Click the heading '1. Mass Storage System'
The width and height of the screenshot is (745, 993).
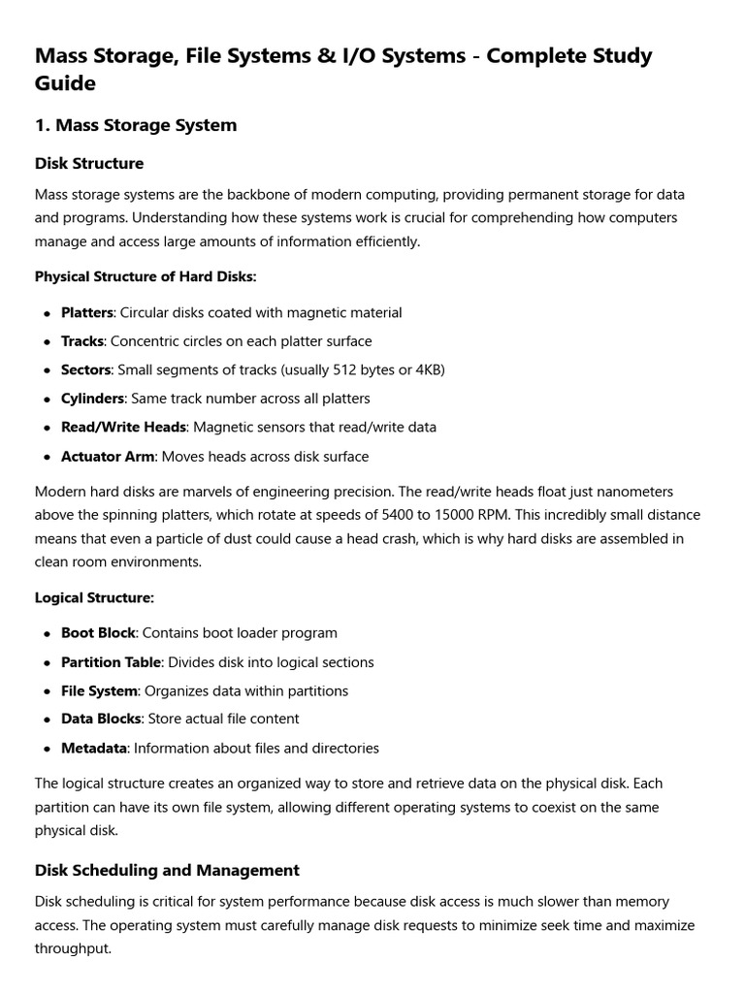point(136,125)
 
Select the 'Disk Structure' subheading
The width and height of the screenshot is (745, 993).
point(89,163)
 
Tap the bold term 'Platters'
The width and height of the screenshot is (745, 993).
point(87,312)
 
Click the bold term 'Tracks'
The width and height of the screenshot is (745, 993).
point(82,341)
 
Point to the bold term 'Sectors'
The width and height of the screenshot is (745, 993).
point(86,369)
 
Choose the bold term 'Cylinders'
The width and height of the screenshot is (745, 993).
point(93,399)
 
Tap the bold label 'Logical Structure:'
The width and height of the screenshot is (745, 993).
point(94,597)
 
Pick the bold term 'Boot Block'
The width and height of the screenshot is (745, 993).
point(98,632)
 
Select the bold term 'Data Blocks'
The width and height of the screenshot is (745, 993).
point(101,719)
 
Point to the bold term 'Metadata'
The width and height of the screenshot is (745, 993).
point(94,748)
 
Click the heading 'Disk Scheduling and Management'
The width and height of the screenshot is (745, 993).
point(167,870)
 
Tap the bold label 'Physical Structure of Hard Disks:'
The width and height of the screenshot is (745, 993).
point(146,276)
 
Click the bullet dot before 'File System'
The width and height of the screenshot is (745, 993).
point(47,691)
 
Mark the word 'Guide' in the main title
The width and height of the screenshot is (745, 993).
point(65,83)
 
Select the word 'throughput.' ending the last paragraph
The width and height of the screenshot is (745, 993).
point(73,949)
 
